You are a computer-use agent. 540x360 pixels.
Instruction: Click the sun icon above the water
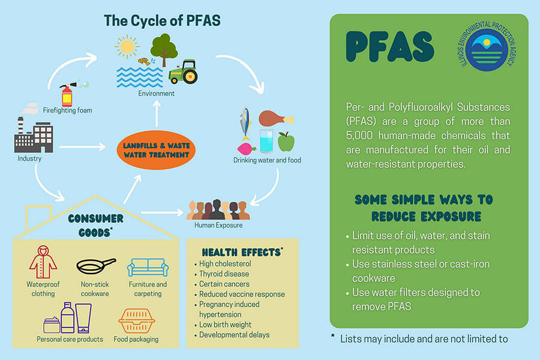point(127,47)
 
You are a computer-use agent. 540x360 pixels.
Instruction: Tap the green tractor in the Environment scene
point(183,72)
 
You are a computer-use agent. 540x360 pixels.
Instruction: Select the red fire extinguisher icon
point(66,95)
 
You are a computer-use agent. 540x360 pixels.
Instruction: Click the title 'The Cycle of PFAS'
point(162,20)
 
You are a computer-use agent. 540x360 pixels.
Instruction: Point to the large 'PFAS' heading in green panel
point(390,47)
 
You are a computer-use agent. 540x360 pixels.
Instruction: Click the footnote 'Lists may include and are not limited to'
point(424,338)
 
